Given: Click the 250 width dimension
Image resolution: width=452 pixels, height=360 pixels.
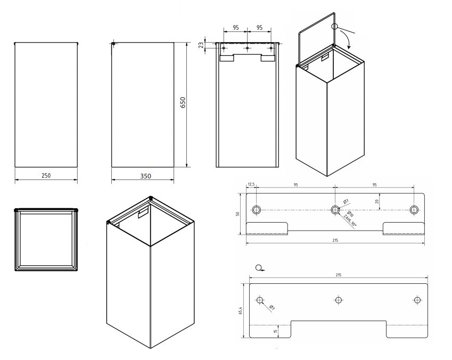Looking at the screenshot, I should pyautogui.click(x=46, y=176).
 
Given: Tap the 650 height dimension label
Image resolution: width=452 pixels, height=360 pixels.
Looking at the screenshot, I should pyautogui.click(x=182, y=102).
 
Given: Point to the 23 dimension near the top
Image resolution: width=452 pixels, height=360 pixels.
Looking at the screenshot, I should pyautogui.click(x=201, y=45).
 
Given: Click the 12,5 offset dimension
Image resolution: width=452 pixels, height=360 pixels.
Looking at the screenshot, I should pyautogui.click(x=251, y=185).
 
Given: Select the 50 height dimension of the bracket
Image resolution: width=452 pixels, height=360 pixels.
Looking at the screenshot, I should pyautogui.click(x=239, y=214).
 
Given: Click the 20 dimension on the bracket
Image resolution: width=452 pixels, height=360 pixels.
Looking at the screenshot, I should pyautogui.click(x=377, y=201).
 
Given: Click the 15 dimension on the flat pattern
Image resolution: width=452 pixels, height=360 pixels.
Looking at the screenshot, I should pyautogui.click(x=275, y=331).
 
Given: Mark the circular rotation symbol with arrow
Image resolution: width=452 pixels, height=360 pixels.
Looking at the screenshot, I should pyautogui.click(x=259, y=268).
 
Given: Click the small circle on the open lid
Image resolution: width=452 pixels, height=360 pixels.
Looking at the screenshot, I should pyautogui.click(x=335, y=26).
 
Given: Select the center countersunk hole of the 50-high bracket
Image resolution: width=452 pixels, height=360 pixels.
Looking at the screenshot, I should pyautogui.click(x=335, y=209).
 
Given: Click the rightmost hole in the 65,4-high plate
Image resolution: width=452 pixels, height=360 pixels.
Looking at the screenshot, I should pyautogui.click(x=417, y=300).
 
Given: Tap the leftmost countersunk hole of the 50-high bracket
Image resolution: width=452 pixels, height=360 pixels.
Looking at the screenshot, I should pyautogui.click(x=257, y=209).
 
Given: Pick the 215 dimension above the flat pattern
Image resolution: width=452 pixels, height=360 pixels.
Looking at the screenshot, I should pyautogui.click(x=339, y=275).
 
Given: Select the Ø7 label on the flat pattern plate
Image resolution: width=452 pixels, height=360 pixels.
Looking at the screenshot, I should pyautogui.click(x=272, y=307).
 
